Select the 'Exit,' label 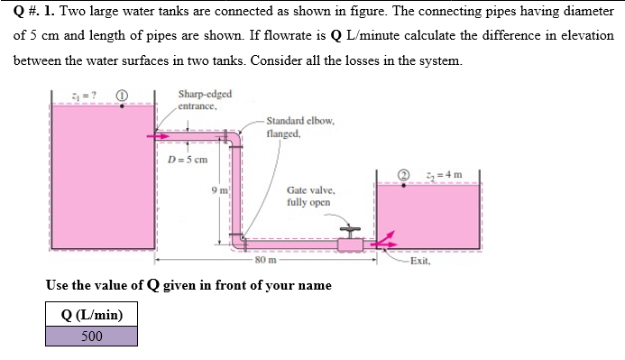[420, 262]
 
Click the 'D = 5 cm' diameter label [188, 160]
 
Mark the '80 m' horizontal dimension [266, 262]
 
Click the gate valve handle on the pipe [348, 230]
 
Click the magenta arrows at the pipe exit [384, 241]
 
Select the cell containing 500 [92, 337]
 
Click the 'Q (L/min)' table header [92, 314]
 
